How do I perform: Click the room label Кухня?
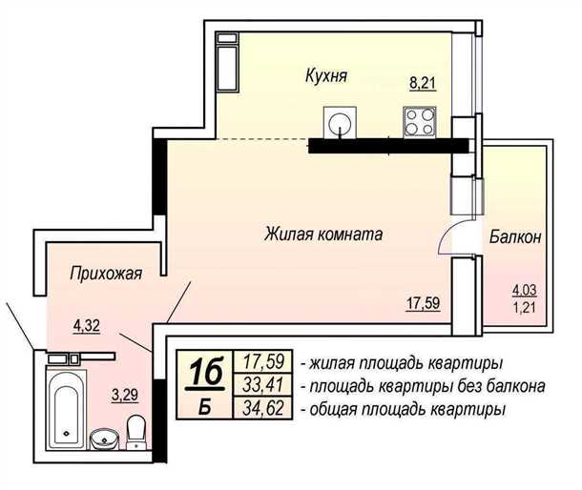pos(326,75)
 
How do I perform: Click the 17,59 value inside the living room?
pos(422,305)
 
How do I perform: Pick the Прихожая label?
pos(106,275)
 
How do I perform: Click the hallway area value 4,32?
pos(88,324)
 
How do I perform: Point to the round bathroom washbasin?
pos(103,439)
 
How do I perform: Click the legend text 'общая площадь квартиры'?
pos(403,410)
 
